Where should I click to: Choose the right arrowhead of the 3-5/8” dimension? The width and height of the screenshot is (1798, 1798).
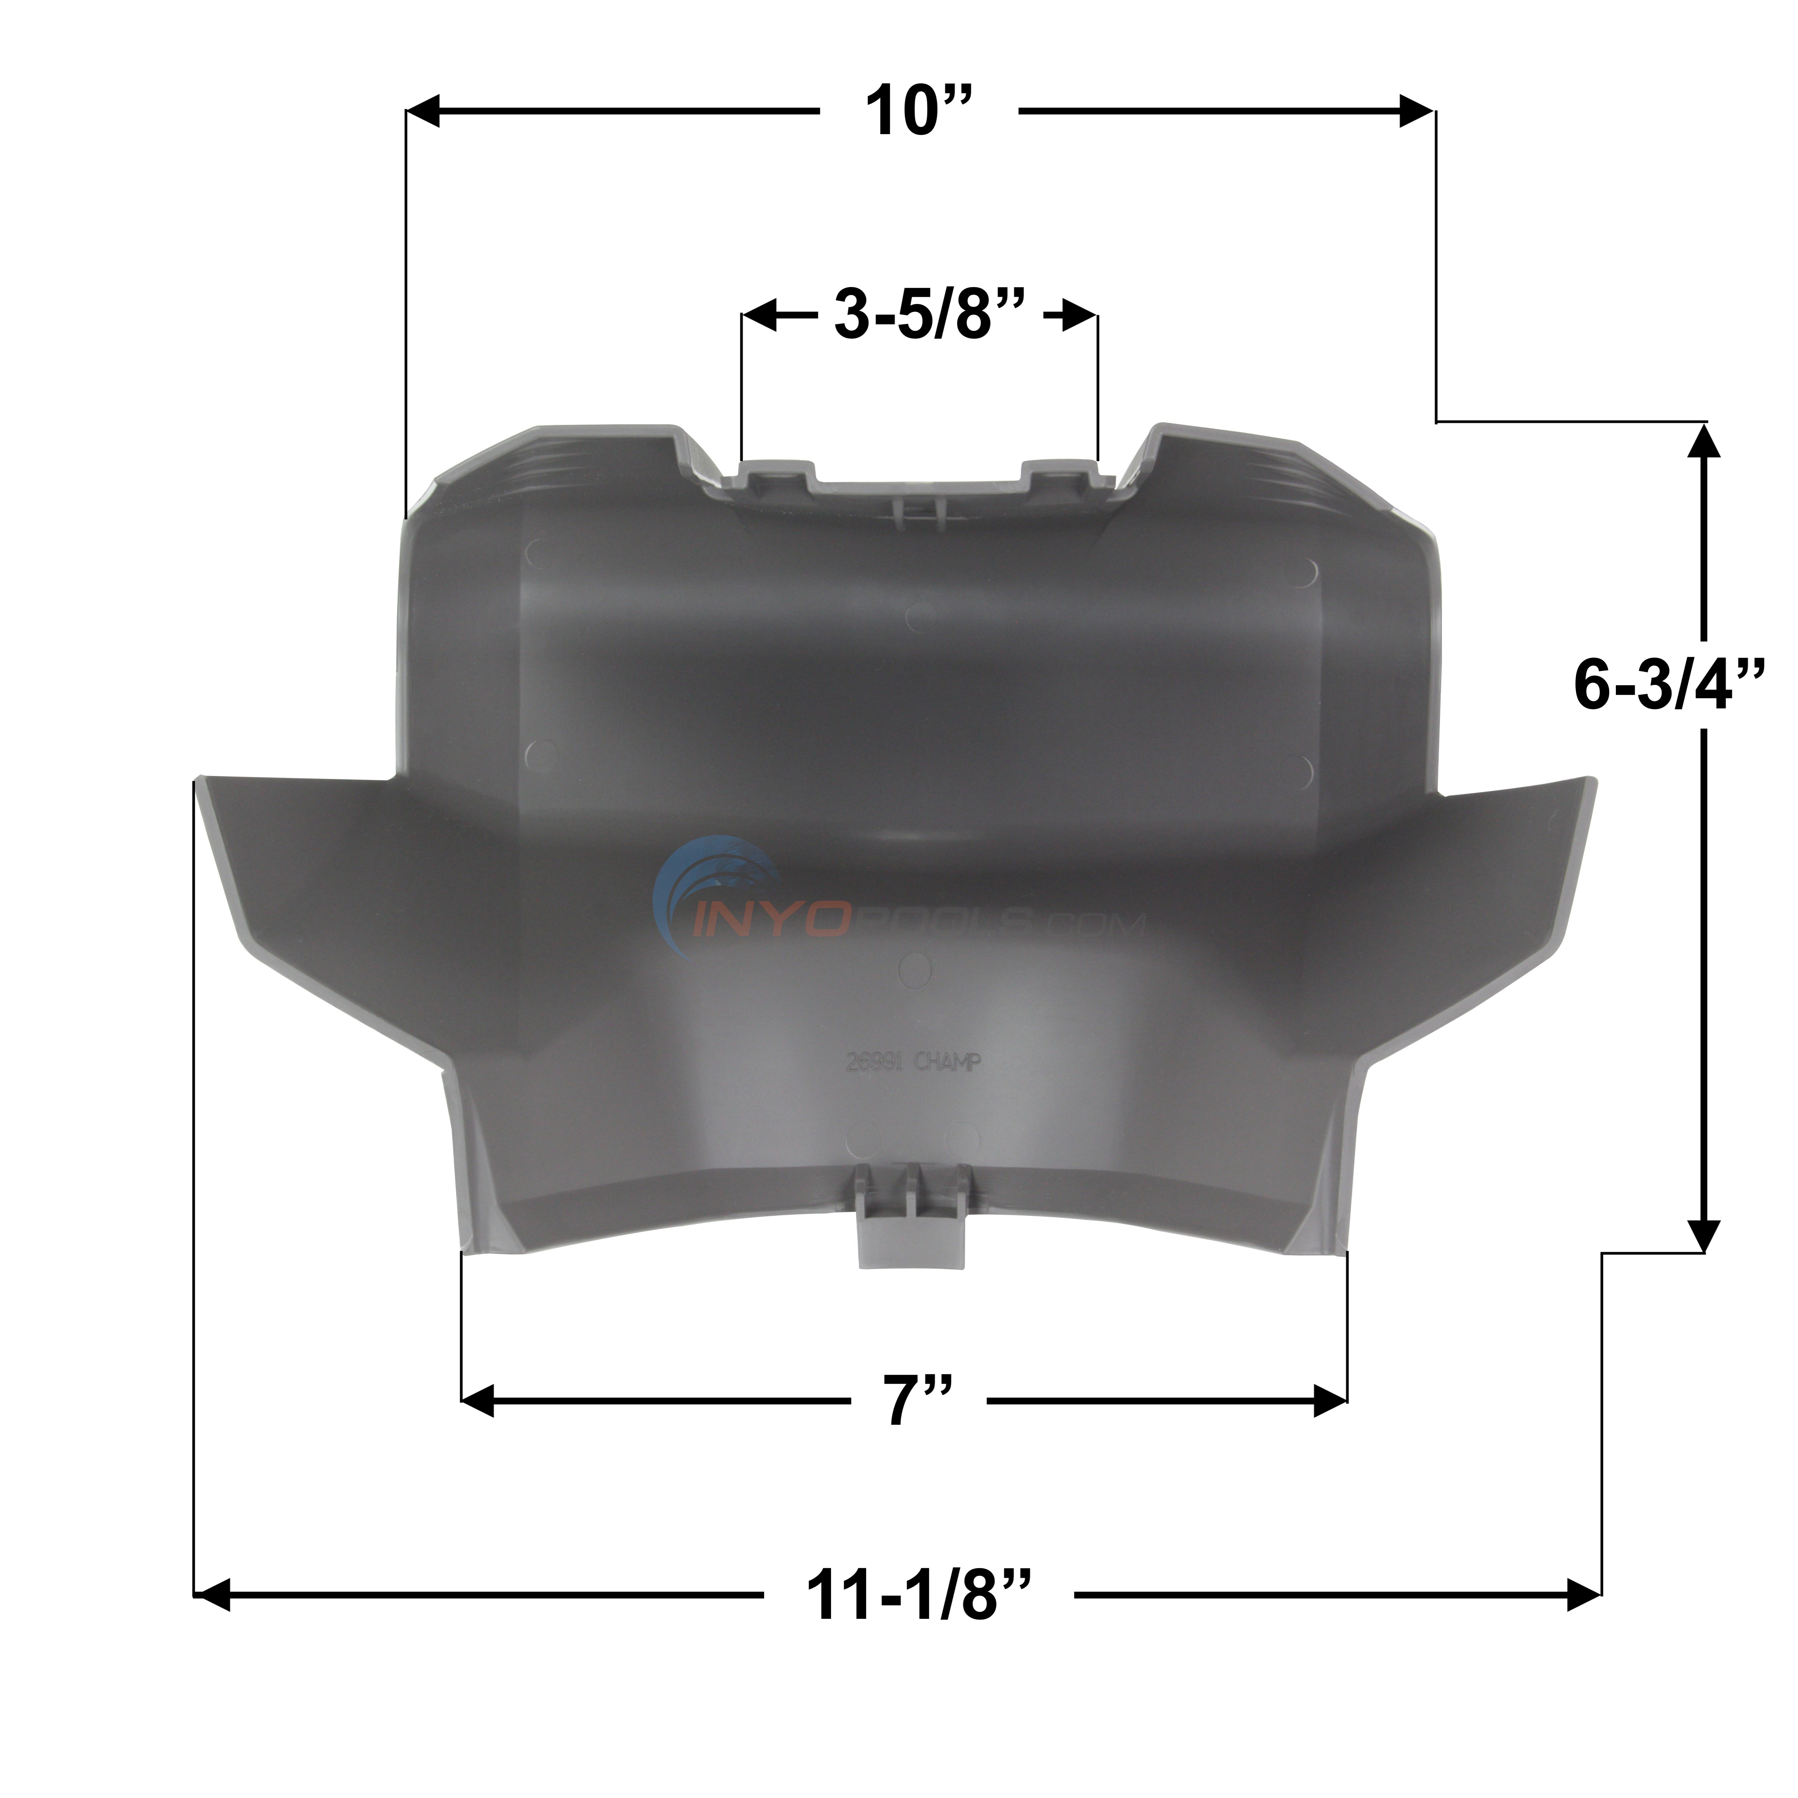(x=1080, y=316)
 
